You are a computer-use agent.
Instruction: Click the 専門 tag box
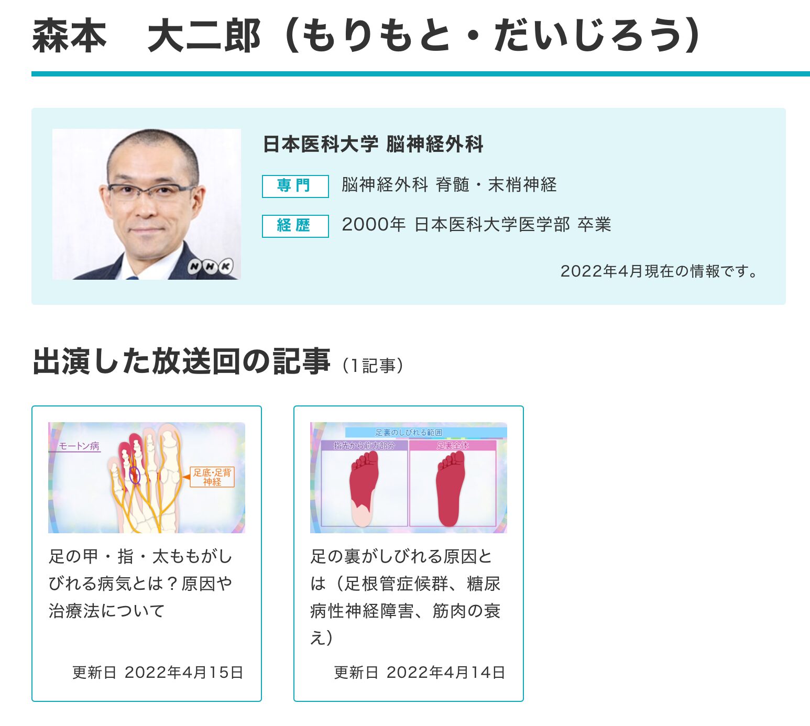[x=295, y=186]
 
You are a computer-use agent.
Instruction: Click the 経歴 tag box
[x=295, y=226]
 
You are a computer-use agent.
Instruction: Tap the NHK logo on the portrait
[x=210, y=267]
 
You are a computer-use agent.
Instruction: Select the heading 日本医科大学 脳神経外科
[x=373, y=144]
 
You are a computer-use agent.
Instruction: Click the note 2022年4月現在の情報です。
[x=659, y=271]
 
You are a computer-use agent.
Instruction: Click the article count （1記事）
[x=373, y=366]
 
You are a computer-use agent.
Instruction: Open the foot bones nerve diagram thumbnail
[x=146, y=478]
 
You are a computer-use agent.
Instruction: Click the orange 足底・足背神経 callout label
[x=212, y=477]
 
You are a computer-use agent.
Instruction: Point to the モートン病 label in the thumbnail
[x=79, y=446]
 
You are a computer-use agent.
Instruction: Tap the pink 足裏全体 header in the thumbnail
[x=453, y=446]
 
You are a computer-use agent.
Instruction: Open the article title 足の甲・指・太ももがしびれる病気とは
[x=140, y=583]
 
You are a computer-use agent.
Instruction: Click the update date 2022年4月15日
[x=184, y=672]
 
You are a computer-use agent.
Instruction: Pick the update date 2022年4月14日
[x=446, y=672]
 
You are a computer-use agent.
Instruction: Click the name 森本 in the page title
[x=70, y=36]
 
